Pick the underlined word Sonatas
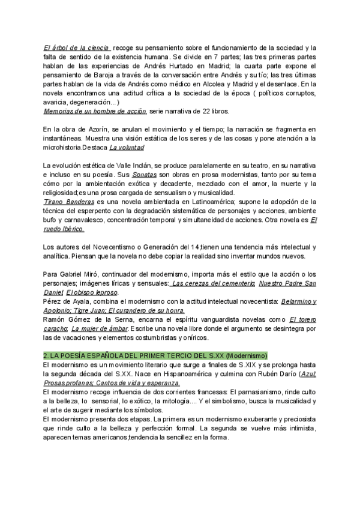coord(145,174)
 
